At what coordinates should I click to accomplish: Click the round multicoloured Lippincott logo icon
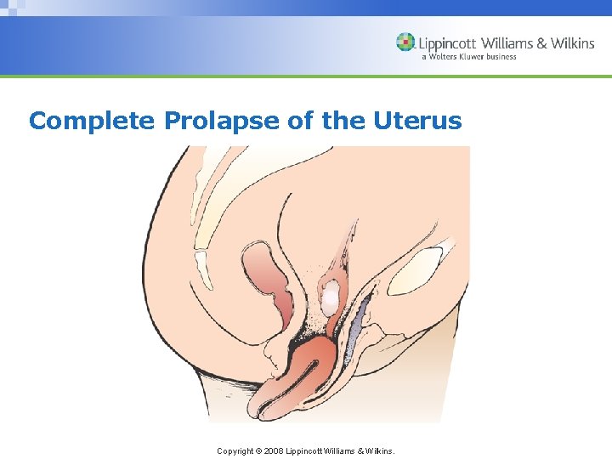[x=405, y=42]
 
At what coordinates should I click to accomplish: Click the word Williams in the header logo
[x=507, y=42]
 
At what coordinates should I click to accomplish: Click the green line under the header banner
[x=306, y=76]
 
